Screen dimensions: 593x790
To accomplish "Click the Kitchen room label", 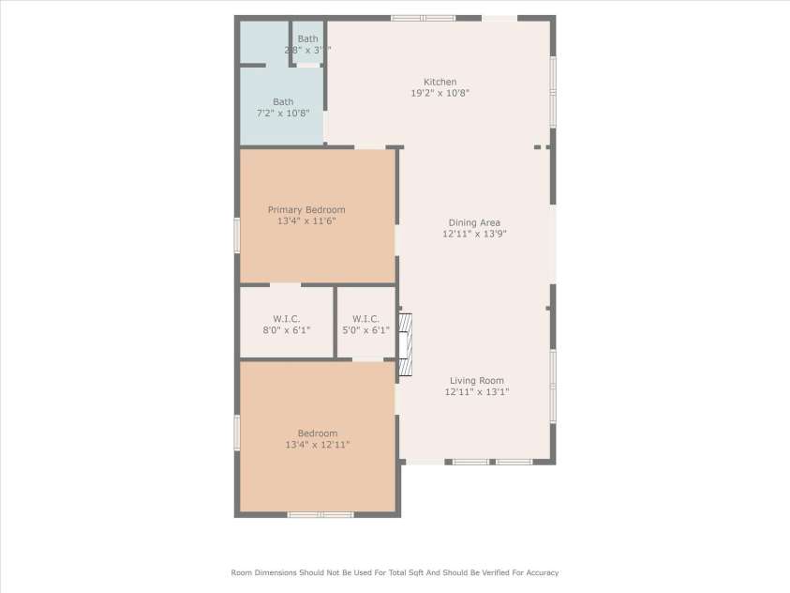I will click(440, 82).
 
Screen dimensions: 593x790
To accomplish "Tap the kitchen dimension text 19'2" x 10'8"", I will click(440, 93).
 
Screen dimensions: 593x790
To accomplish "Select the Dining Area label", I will click(474, 222).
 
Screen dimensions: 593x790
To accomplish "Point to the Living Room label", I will click(477, 381).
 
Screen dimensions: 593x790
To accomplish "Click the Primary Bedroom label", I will click(306, 209).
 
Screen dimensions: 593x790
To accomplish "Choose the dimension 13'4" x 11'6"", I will click(306, 221).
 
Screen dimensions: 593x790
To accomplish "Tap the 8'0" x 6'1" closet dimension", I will click(286, 330).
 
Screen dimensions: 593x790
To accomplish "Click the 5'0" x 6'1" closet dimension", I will click(365, 330).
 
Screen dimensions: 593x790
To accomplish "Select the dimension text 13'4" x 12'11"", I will click(318, 445).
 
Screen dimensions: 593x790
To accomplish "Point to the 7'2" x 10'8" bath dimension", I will click(283, 113).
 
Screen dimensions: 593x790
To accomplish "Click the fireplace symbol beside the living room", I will click(405, 344).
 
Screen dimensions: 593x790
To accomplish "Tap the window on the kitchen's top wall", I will click(423, 17).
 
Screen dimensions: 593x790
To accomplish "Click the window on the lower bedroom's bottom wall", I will click(320, 514).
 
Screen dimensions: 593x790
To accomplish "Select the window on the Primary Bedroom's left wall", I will click(237, 235).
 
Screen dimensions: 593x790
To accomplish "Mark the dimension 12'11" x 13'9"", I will click(474, 235).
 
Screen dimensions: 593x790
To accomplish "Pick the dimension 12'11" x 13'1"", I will click(477, 392).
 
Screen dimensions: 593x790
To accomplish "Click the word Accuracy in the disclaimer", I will click(539, 572).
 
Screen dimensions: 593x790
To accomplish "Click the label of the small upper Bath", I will click(307, 38).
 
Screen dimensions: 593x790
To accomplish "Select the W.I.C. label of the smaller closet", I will click(365, 318).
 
